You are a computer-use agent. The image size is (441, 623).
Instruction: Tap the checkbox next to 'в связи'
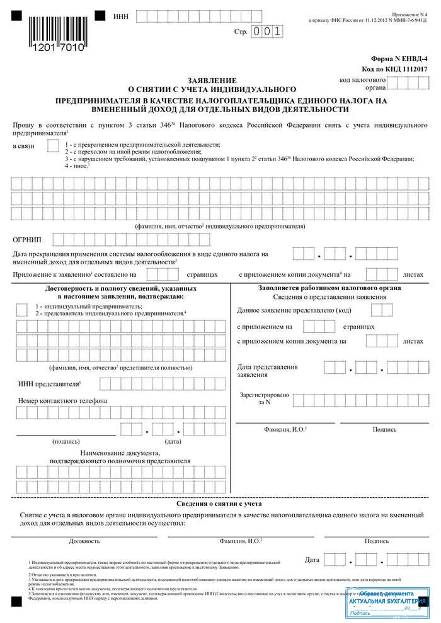(53, 147)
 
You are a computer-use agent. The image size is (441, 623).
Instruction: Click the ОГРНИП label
(28, 240)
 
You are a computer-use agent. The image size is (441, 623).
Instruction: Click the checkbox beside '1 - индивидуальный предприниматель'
(21, 309)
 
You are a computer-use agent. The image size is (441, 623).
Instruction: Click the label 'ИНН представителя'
(47, 383)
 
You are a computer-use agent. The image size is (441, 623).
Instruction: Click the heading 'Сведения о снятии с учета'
(219, 503)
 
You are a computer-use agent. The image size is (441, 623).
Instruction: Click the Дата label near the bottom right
(312, 559)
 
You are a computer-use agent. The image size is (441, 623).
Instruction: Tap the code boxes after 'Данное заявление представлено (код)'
(381, 310)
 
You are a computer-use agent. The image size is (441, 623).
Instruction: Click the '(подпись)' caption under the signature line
(66, 442)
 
